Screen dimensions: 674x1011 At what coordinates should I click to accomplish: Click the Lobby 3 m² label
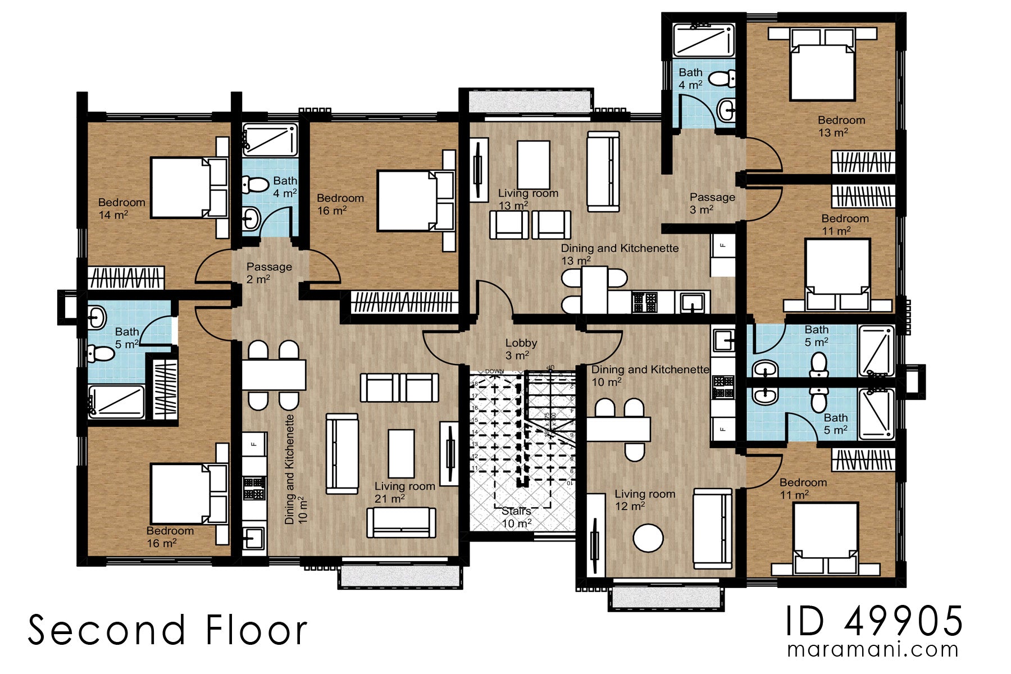coord(521,349)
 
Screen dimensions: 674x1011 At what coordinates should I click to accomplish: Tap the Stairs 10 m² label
coord(516,517)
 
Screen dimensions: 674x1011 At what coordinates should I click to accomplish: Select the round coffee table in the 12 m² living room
coord(648,538)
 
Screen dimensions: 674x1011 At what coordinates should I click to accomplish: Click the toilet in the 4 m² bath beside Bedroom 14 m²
coord(254,184)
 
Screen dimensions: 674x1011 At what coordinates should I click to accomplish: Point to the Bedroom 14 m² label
coord(121,208)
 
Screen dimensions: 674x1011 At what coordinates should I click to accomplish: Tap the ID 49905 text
coord(874,621)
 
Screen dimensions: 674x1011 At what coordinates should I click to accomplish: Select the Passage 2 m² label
coord(268,272)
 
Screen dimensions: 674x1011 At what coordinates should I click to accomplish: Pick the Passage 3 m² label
coord(712,203)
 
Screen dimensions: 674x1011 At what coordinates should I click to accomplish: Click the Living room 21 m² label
coord(404,492)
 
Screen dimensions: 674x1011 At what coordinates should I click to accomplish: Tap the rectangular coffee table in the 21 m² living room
coord(401,454)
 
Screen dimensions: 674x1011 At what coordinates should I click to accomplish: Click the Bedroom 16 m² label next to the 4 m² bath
coord(340,204)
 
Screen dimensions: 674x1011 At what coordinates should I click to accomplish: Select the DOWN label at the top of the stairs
coord(494,371)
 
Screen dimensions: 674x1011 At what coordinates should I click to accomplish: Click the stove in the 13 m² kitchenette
coord(645,302)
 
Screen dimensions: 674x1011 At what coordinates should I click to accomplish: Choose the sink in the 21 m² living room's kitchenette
coord(254,539)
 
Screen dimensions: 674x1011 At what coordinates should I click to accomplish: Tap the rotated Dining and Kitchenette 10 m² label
coord(296,470)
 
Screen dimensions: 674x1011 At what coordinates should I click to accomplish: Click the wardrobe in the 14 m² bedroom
coord(126,277)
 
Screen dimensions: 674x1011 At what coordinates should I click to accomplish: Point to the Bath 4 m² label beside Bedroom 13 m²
coord(690,79)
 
